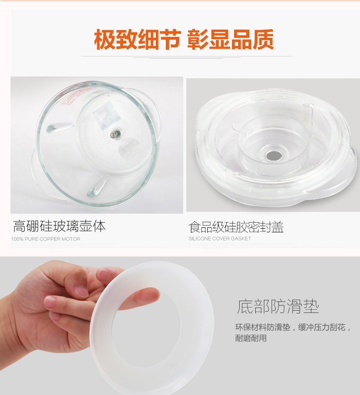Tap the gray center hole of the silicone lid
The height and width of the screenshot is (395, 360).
274,156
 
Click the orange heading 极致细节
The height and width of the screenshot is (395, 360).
137,40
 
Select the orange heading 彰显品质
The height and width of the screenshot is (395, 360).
231,40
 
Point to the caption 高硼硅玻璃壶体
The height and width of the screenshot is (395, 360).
59,226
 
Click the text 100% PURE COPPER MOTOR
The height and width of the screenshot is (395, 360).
46,239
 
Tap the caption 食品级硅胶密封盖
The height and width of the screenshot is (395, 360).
236,227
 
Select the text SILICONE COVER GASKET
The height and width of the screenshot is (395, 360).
220,239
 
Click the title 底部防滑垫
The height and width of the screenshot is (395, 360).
278,306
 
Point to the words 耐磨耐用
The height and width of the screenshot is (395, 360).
251,338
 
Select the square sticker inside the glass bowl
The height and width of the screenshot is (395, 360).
103,116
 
